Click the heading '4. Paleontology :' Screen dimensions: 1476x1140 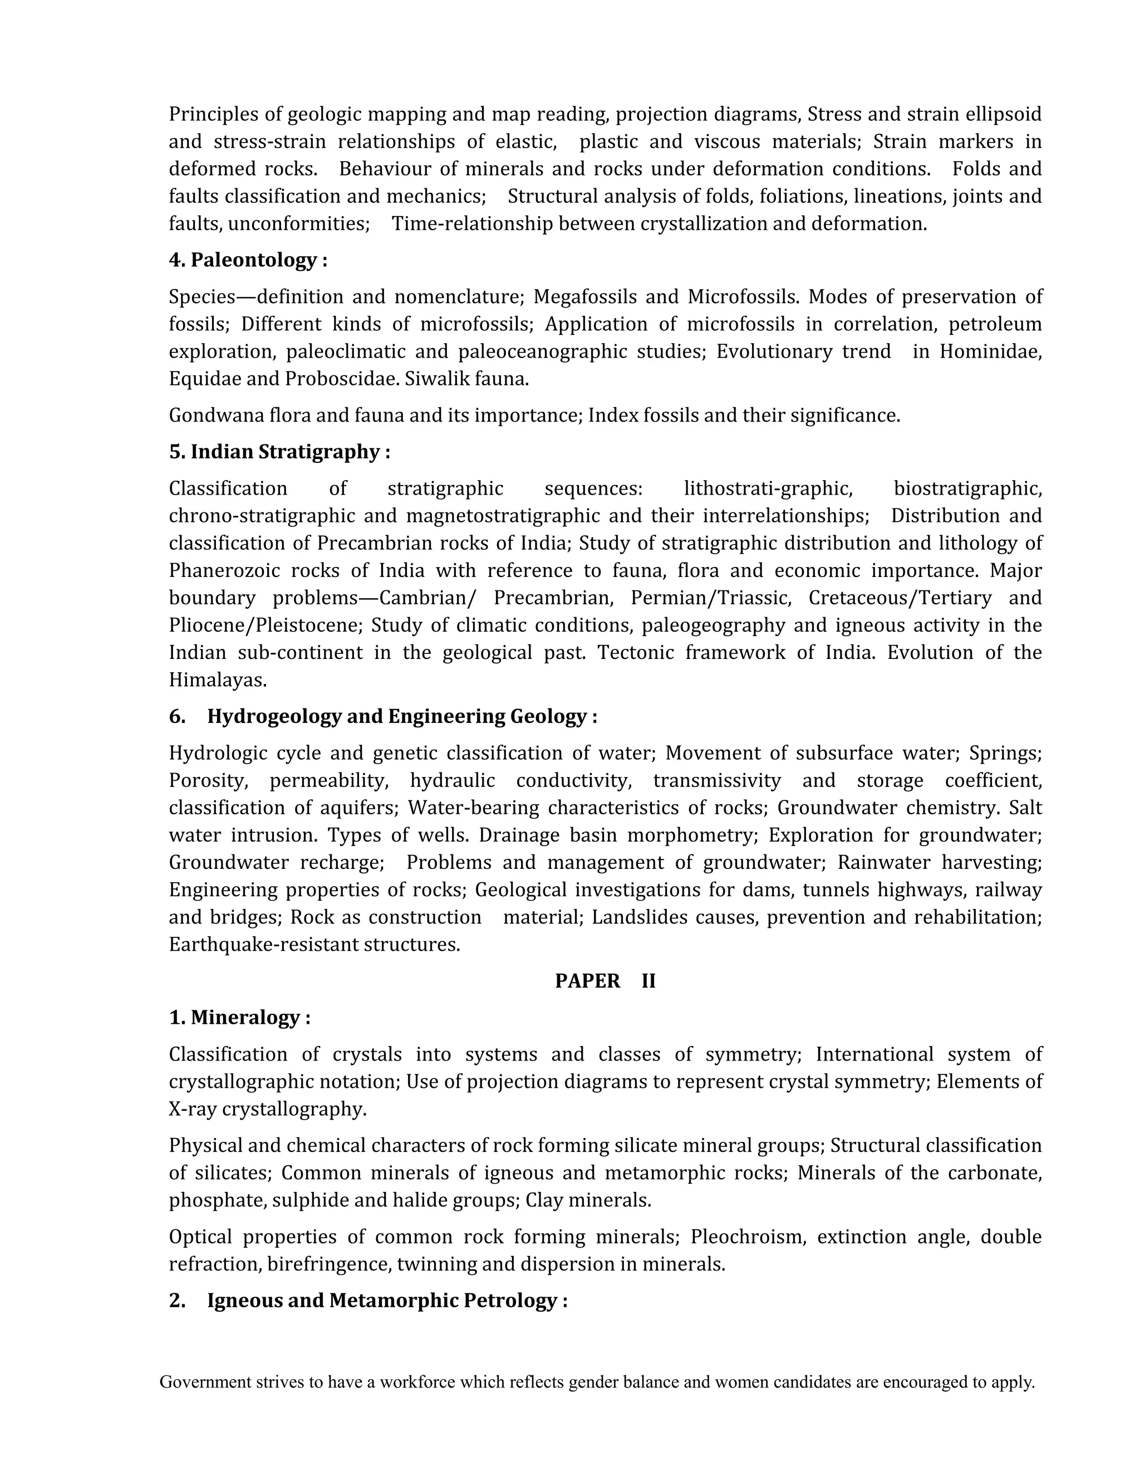[248, 260]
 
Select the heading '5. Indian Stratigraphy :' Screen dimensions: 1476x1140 [279, 452]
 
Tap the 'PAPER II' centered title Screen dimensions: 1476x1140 [605, 981]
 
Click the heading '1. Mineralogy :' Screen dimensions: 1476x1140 [240, 1017]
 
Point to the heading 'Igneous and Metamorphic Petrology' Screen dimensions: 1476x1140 [386, 1301]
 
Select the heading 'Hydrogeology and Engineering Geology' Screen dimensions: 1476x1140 [401, 716]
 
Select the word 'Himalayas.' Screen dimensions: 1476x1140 [218, 680]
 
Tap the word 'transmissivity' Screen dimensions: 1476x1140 [716, 780]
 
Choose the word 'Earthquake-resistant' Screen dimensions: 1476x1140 [263, 945]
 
